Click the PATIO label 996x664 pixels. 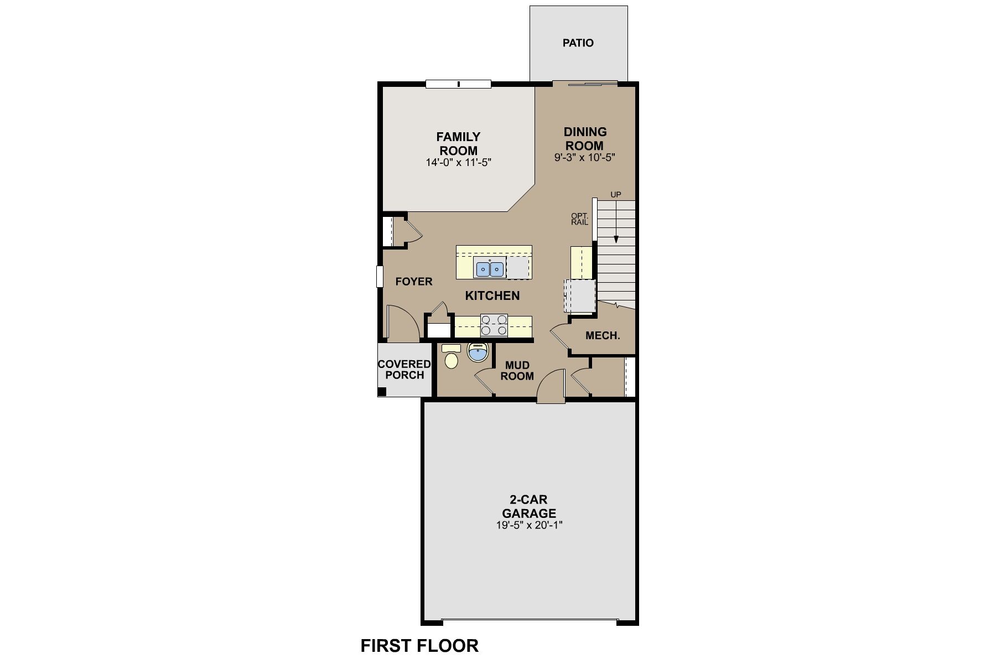pyautogui.click(x=578, y=43)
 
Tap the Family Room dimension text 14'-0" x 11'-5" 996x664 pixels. pyautogui.click(x=459, y=163)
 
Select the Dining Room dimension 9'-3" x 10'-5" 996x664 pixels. pyautogui.click(x=585, y=158)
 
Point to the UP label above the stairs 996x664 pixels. pyautogui.click(x=615, y=195)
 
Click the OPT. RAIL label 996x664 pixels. pyautogui.click(x=579, y=219)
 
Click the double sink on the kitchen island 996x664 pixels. pyautogui.click(x=490, y=269)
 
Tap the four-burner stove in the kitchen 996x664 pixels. pyautogui.click(x=494, y=325)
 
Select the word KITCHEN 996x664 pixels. pyautogui.click(x=492, y=295)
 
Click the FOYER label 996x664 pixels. pyautogui.click(x=414, y=282)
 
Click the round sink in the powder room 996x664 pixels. pyautogui.click(x=478, y=352)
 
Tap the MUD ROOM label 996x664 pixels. pyautogui.click(x=517, y=371)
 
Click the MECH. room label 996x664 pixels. pyautogui.click(x=603, y=336)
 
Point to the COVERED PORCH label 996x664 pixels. pyautogui.click(x=404, y=370)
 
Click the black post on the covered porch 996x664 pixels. pyautogui.click(x=382, y=392)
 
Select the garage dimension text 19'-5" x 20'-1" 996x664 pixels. pyautogui.click(x=530, y=526)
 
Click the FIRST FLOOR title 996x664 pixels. pyautogui.click(x=419, y=645)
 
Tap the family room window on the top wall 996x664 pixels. pyautogui.click(x=458, y=84)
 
